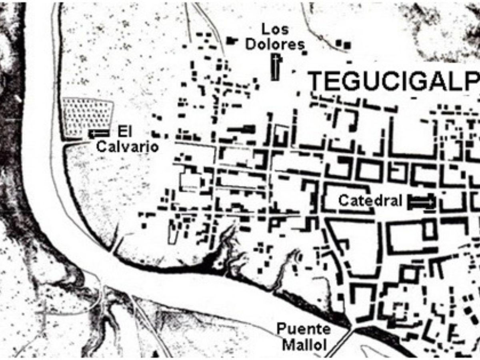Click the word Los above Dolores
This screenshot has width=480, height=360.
pos(275,29)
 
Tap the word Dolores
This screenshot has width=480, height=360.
pos(275,44)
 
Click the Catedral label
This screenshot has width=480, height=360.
pos(370,200)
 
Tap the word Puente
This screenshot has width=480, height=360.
pos(304,330)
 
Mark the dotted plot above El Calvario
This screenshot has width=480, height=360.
pos(87,116)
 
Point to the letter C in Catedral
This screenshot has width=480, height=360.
pos(343,200)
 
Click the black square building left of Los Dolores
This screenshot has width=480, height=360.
pos(231,40)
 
